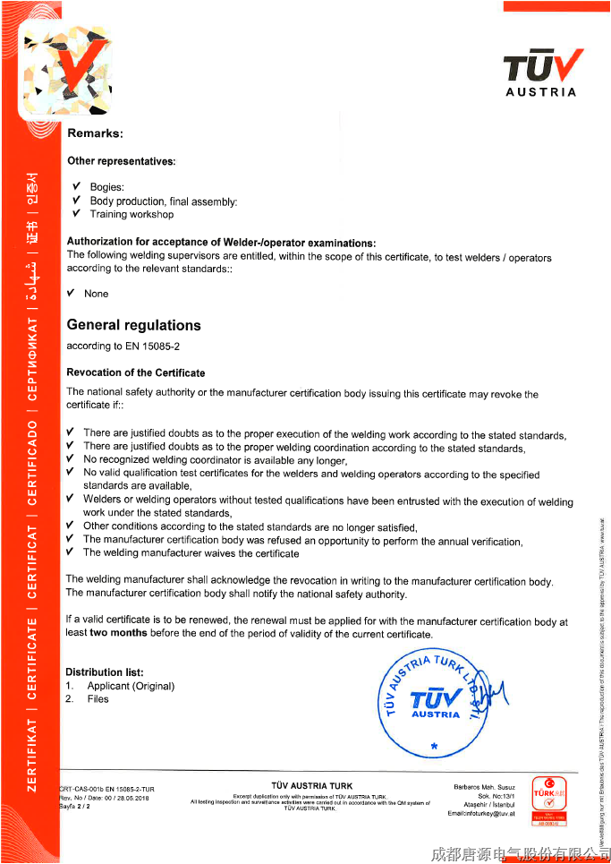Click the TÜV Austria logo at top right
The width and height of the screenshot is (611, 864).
click(x=542, y=72)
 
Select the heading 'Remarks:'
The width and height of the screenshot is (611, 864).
click(x=95, y=133)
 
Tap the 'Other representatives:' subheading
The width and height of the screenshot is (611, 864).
click(x=122, y=162)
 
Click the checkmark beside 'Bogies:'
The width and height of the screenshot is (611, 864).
click(x=76, y=187)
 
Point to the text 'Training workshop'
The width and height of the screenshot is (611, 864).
click(x=132, y=215)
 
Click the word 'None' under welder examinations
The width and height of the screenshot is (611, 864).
click(x=96, y=294)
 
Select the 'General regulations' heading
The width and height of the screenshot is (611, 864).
click(x=134, y=325)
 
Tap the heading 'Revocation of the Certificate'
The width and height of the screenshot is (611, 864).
click(x=136, y=372)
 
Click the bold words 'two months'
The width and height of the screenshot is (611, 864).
click(x=118, y=634)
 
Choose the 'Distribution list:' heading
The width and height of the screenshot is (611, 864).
click(x=105, y=672)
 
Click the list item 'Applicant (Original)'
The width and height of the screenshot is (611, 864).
click(x=131, y=686)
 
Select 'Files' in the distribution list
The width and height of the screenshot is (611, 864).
click(x=98, y=699)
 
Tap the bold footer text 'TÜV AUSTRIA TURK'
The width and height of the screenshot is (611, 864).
click(x=311, y=786)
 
